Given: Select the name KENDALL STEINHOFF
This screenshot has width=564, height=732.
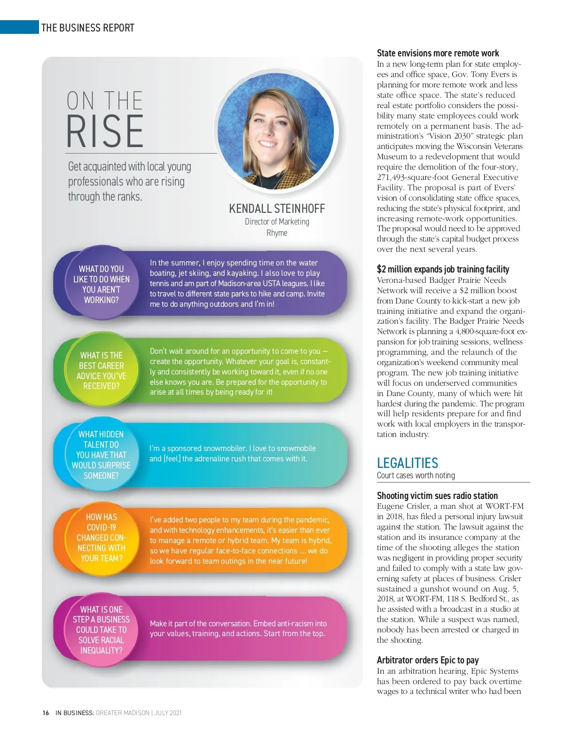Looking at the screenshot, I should point(277,209).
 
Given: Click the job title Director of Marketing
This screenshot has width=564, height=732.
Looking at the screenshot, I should point(277,222).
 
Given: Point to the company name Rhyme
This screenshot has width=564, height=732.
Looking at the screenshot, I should point(277,233).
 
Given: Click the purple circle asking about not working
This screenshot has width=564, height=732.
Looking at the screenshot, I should point(101,284).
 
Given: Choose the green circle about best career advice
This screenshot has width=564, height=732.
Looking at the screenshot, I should point(101,370).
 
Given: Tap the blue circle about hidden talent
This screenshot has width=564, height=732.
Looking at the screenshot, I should point(101,455).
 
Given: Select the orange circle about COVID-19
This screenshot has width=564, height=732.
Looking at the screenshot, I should point(101,537).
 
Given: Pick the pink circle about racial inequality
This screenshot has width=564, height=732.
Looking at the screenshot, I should point(101,630).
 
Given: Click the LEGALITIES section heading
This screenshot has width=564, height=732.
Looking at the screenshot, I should point(407,463).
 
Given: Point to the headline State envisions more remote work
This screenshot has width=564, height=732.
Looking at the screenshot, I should point(438,53).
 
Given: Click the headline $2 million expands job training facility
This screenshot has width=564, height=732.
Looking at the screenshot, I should point(443,269).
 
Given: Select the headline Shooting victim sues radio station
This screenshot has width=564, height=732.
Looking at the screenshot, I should point(437,496).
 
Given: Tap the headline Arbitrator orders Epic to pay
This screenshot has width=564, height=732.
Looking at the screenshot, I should point(427,660).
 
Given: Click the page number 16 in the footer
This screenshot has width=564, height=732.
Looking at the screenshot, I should point(46,713).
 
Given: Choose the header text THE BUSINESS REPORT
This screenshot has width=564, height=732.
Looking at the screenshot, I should point(88,28).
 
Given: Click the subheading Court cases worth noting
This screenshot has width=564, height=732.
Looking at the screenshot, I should point(415,475).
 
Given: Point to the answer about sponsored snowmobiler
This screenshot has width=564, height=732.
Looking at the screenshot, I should point(233,453).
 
